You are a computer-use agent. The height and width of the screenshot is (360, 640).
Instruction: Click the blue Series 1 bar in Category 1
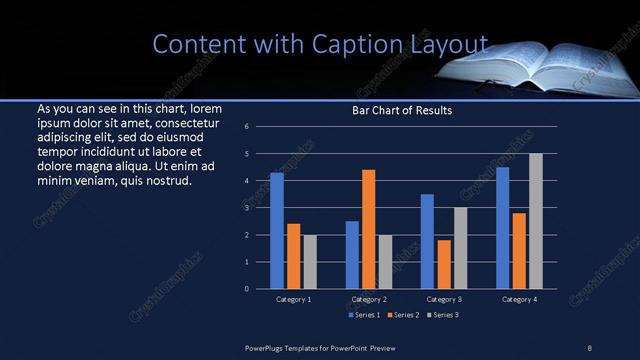click(x=277, y=231)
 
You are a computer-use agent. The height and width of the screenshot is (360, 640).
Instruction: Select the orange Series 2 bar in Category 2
click(x=368, y=229)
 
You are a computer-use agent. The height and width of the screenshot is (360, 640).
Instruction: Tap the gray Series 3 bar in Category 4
click(x=536, y=221)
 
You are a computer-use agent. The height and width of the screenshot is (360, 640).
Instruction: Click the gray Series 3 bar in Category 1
click(x=310, y=262)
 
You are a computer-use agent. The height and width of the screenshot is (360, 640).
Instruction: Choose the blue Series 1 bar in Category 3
click(x=427, y=241)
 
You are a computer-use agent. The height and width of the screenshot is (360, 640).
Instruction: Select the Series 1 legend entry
click(x=363, y=315)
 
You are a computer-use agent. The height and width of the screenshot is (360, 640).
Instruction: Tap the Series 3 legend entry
click(x=442, y=315)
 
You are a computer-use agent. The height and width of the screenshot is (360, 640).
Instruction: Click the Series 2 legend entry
click(x=403, y=315)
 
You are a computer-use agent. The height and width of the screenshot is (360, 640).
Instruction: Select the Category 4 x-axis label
click(x=519, y=299)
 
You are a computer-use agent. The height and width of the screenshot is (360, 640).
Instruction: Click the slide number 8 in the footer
click(x=589, y=347)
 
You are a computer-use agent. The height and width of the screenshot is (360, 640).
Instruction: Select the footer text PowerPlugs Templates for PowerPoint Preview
click(x=330, y=347)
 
